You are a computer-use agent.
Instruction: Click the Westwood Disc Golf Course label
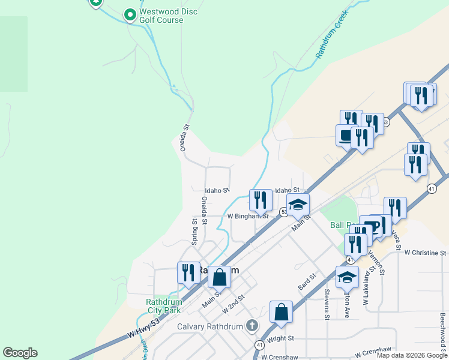click(168, 16)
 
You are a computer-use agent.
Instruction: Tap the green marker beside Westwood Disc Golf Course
click(129, 13)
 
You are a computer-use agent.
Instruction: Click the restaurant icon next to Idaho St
click(260, 200)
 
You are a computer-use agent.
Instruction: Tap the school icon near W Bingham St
click(298, 205)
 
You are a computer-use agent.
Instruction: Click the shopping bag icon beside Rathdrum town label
click(219, 277)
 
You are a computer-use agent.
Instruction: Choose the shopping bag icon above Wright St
click(281, 311)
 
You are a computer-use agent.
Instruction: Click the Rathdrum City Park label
click(163, 306)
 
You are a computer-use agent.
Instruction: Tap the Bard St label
click(307, 280)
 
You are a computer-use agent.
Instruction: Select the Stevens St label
click(327, 304)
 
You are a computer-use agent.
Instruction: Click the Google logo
click(20, 353)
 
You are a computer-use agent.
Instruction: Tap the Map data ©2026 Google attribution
click(412, 355)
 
